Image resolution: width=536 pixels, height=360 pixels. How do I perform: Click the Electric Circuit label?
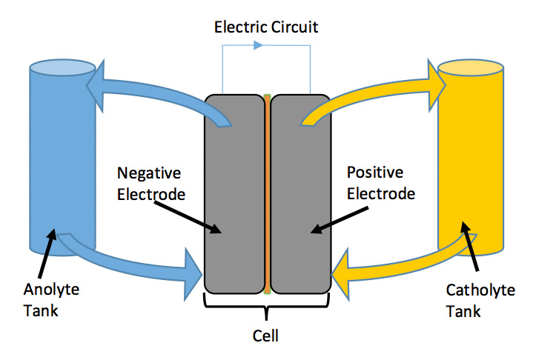point(265,28)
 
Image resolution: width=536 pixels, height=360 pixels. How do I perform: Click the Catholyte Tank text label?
point(474,300)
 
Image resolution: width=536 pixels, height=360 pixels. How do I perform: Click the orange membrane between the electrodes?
point(267,193)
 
